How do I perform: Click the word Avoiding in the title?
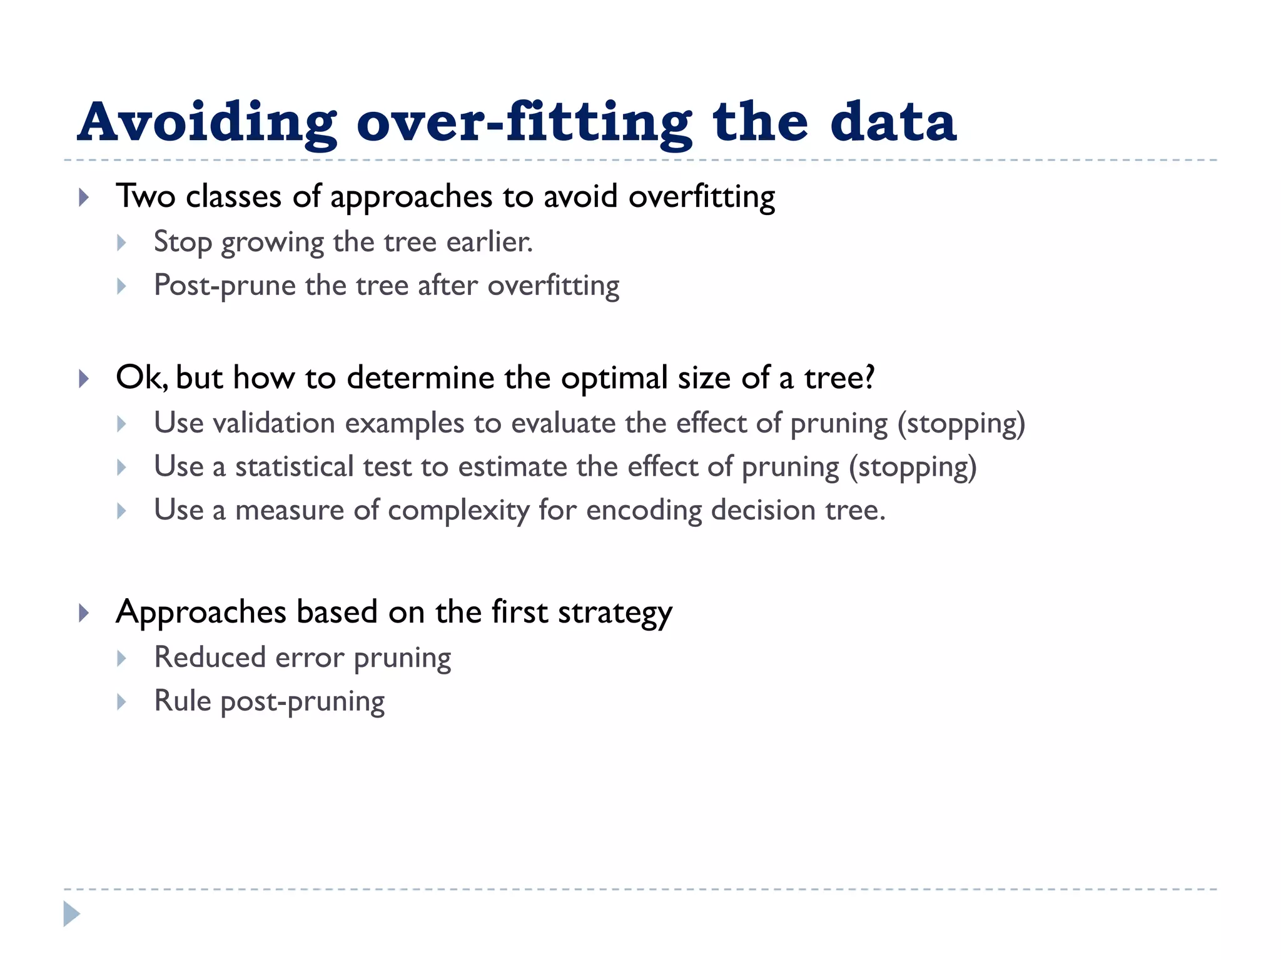coord(206,122)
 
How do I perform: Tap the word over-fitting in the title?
coord(524,122)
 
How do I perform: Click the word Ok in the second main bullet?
coord(139,377)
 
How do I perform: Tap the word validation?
coord(274,423)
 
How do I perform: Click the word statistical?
coord(295,467)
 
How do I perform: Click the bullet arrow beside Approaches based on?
coord(84,612)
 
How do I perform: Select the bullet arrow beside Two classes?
coord(84,198)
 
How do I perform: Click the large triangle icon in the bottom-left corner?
coord(71,914)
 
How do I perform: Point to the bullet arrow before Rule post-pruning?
coord(122,702)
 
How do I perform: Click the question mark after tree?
coord(868,377)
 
